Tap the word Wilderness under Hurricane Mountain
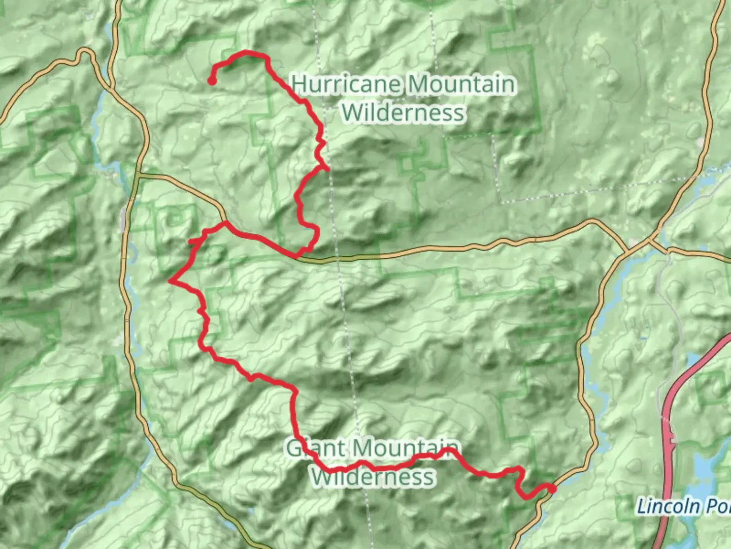coord(403,112)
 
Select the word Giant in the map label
coord(306,448)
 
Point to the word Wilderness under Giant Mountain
coord(373,477)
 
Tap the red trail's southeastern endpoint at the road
coord(552,489)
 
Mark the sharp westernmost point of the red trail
coord(171,281)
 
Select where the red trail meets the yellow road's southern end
coord(224,223)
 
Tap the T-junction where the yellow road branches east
coord(138,175)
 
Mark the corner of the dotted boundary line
coord(500,202)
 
